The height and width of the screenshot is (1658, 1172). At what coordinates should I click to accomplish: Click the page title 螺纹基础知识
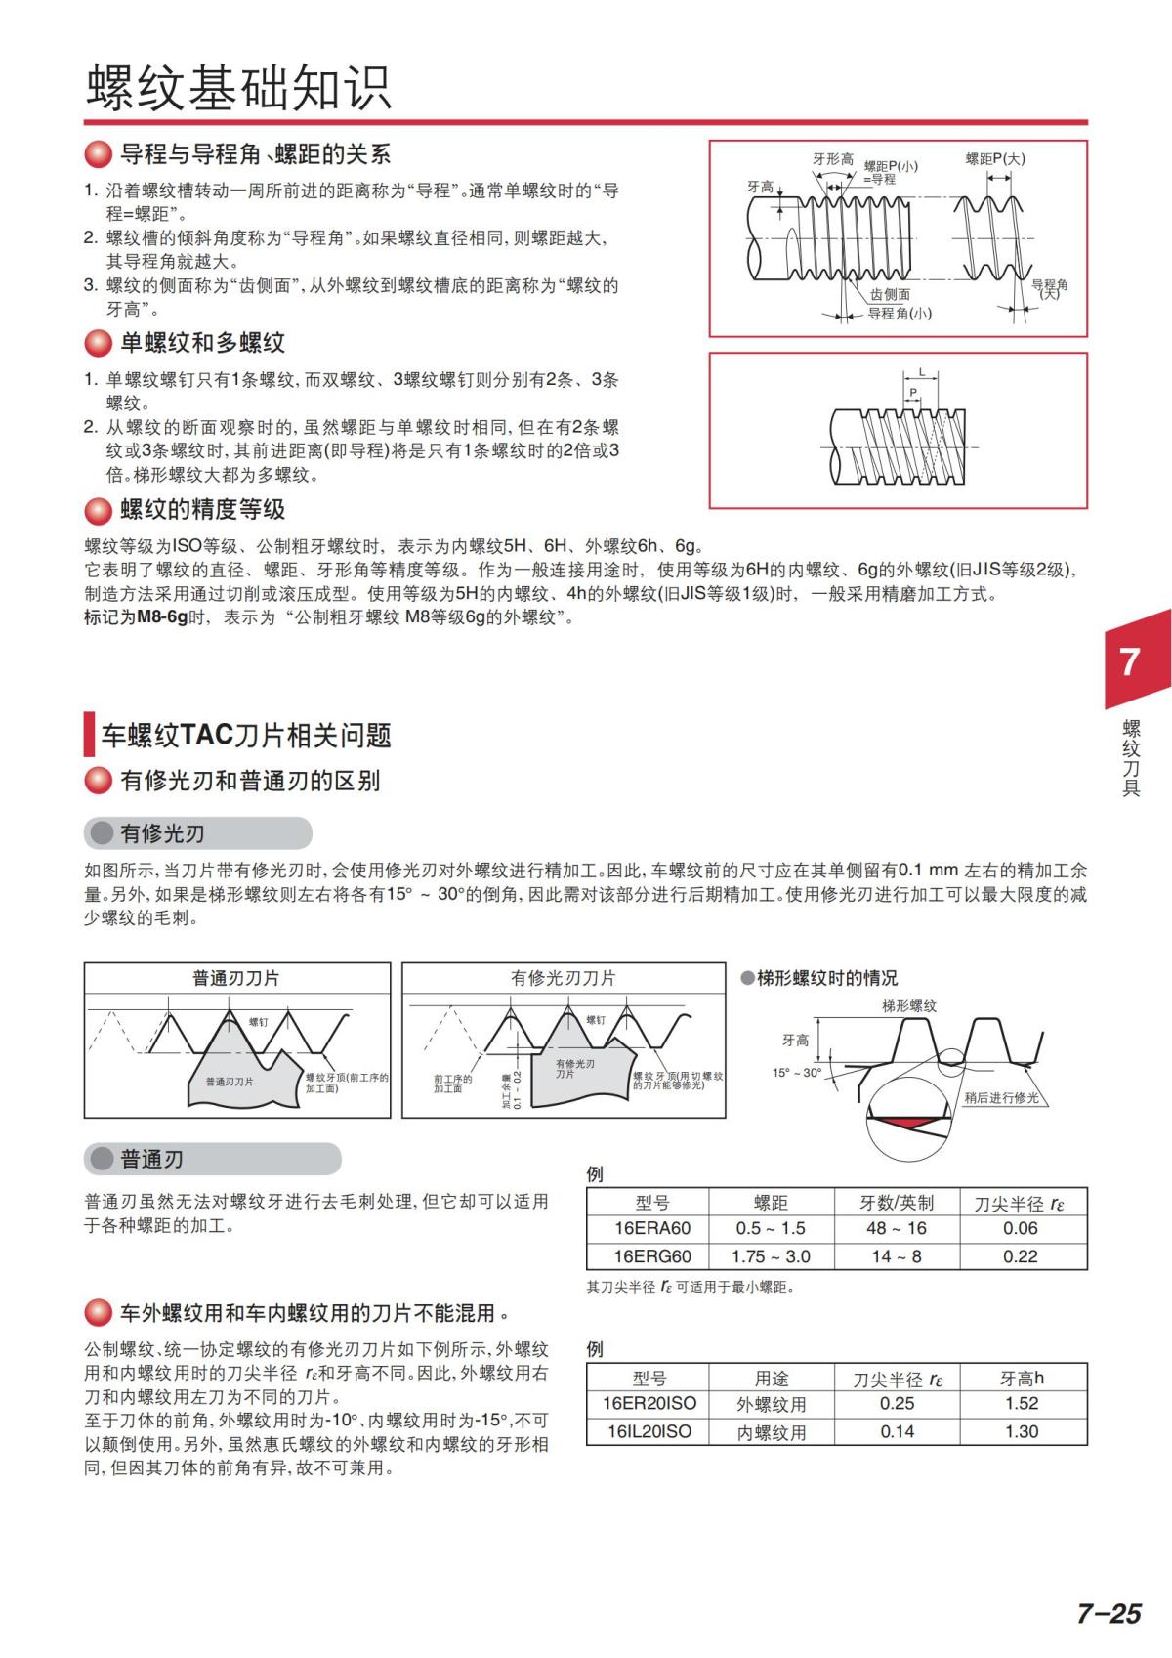point(239,88)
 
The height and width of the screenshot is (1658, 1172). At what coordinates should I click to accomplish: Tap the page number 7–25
point(1109,1613)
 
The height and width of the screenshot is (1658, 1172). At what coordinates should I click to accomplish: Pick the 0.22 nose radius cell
point(1021,1256)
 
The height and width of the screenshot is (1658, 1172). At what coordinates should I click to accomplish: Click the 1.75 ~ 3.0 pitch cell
point(771,1256)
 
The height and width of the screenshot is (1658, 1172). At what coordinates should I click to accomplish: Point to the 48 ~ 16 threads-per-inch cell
point(896,1228)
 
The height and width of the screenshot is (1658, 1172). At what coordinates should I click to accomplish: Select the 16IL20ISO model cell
point(649,1431)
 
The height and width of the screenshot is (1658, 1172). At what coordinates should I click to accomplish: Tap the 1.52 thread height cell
point(1021,1403)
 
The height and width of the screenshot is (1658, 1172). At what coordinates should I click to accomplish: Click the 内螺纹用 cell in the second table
point(771,1432)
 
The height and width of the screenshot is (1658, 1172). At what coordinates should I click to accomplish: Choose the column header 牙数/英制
point(896,1203)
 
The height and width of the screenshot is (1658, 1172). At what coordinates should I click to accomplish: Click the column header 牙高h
point(1021,1378)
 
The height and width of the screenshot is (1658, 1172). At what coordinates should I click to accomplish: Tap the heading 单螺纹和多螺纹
point(202,343)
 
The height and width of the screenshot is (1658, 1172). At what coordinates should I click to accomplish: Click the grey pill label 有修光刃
point(162,833)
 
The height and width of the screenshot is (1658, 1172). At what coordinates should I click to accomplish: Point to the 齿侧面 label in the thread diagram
point(890,294)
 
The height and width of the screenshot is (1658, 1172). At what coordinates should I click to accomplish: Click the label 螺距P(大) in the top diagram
point(995,158)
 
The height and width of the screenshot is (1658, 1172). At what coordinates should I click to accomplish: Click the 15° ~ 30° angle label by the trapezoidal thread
point(797,1073)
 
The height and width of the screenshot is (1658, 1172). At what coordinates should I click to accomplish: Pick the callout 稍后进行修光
point(1001,1098)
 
